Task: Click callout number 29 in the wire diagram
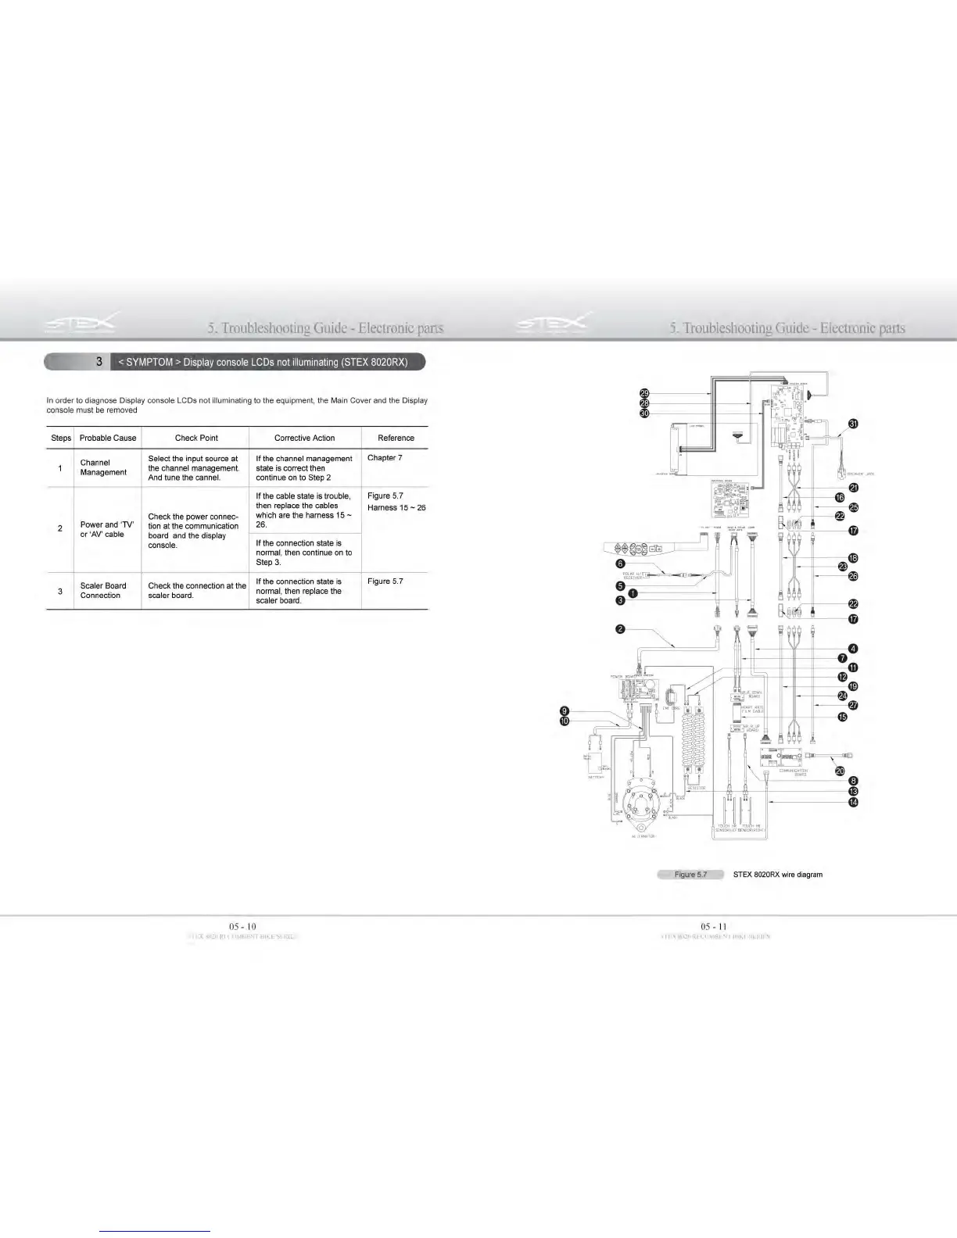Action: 644,392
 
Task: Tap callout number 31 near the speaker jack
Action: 854,424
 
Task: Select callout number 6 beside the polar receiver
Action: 620,564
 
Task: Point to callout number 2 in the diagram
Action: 620,630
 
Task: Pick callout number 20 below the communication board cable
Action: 840,771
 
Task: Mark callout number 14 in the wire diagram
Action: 854,802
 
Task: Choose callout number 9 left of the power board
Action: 565,710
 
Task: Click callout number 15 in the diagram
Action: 842,717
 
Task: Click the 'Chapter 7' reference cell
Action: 385,458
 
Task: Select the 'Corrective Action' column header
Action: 304,438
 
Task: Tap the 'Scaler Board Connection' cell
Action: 103,591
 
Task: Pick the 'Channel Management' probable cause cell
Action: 103,467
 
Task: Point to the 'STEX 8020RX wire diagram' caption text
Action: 777,875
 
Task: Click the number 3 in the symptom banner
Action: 99,362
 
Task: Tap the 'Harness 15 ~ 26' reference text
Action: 396,508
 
